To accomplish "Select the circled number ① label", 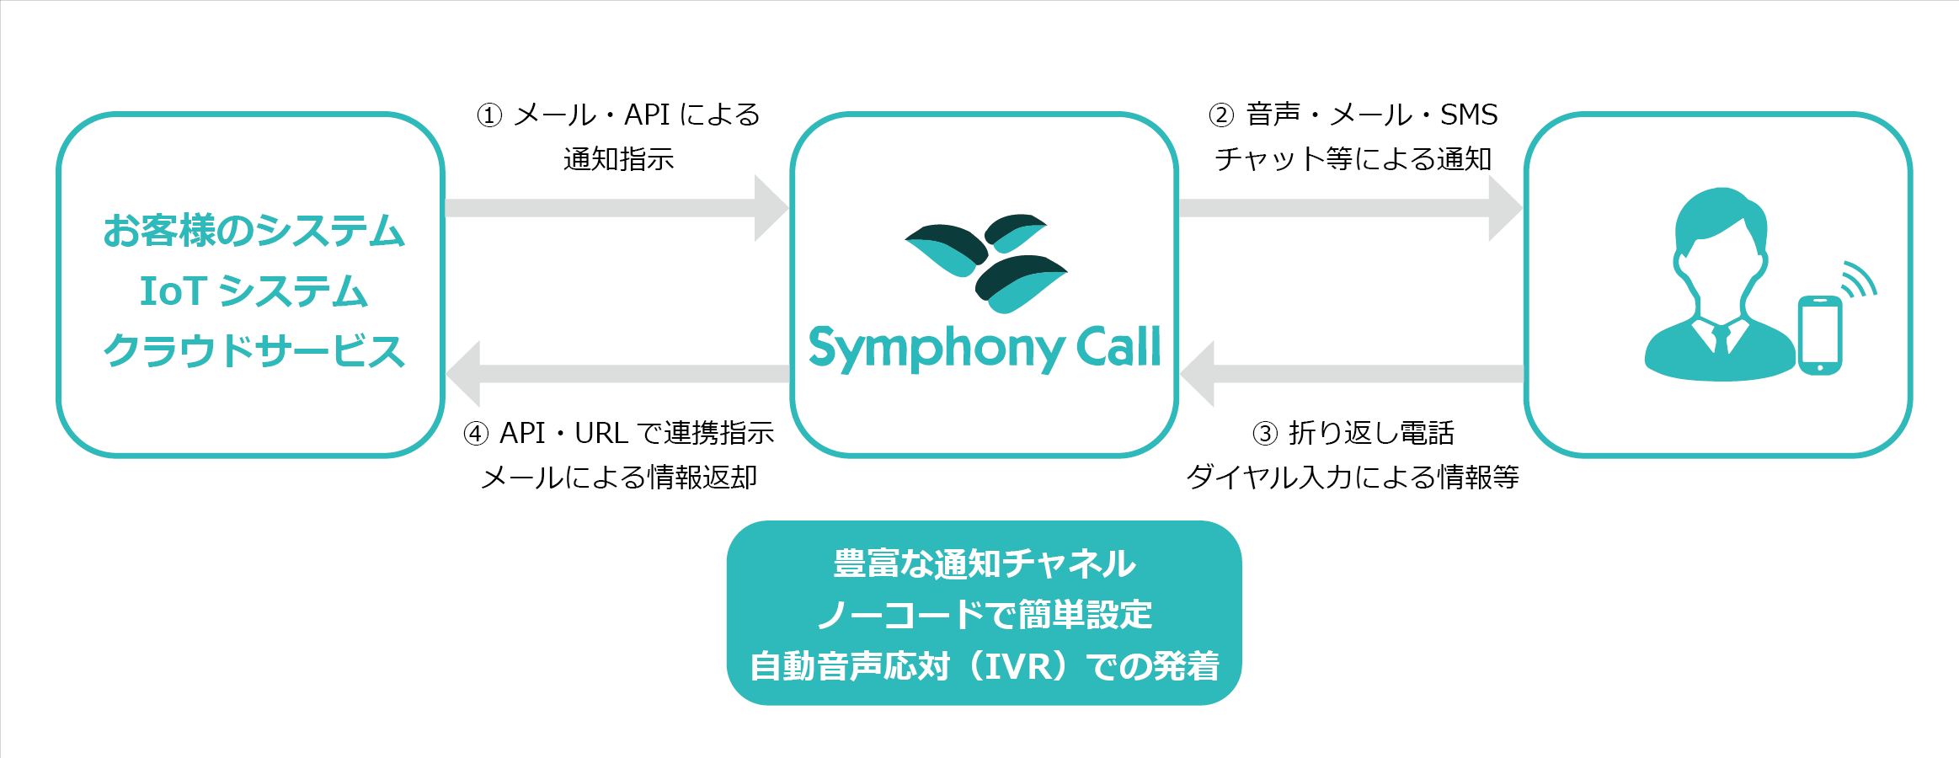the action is click(489, 115).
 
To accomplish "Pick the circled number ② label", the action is click(1221, 115).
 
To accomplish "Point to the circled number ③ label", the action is click(1265, 434).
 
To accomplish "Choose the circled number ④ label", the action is click(476, 434).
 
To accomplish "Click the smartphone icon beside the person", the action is click(1819, 335).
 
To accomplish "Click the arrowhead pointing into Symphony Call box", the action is click(770, 208).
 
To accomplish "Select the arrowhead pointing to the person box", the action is click(1504, 208).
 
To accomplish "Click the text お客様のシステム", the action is click(254, 231).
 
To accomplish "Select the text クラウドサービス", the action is click(254, 351).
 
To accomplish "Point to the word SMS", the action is click(1469, 115).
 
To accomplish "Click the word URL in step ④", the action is click(601, 433).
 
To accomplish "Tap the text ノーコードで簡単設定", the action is click(984, 615).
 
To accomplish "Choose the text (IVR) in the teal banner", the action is click(1018, 666).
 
